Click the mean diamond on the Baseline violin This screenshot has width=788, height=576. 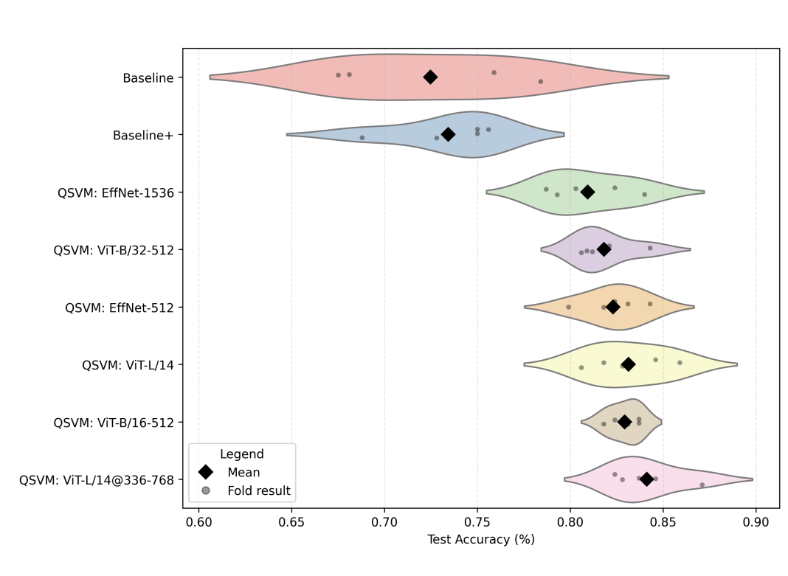(430, 77)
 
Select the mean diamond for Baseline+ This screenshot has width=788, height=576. (448, 134)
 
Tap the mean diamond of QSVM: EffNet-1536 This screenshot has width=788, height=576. (587, 192)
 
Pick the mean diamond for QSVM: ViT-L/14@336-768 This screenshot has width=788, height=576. (646, 479)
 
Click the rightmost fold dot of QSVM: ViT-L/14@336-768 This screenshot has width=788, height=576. (702, 485)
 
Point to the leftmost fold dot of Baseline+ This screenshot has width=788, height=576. (362, 137)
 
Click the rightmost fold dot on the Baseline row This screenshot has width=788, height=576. (540, 81)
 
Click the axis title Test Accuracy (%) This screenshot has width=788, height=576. (480, 540)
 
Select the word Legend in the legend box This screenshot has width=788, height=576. (242, 454)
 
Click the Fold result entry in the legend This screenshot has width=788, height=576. (258, 490)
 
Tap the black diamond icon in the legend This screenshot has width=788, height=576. (206, 472)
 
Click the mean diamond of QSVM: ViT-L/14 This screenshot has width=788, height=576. (628, 364)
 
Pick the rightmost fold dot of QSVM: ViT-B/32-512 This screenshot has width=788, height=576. (650, 248)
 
